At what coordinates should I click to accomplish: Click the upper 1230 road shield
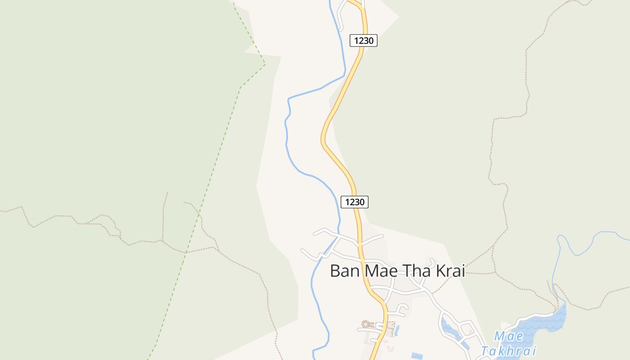tap(363, 40)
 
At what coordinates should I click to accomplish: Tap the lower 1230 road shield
tap(355, 202)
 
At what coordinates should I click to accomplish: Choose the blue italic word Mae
tap(508, 336)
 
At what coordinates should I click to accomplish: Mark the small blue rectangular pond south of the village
tap(417, 356)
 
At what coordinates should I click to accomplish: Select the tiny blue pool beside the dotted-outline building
tap(396, 330)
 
